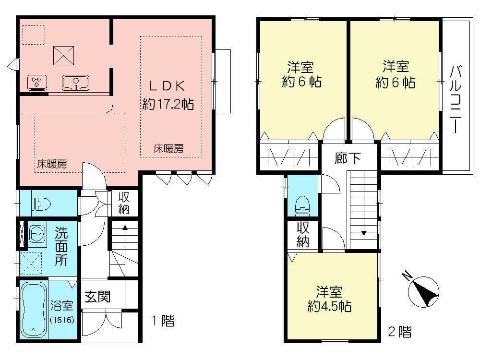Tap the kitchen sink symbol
(x=75, y=83)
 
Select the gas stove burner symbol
(x=36, y=83)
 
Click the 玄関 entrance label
(x=97, y=297)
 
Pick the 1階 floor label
(x=163, y=321)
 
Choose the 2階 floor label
(x=399, y=331)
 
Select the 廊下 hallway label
(x=348, y=158)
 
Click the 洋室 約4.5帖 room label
(x=329, y=299)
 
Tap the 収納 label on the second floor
(x=302, y=235)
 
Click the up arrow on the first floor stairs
(x=124, y=228)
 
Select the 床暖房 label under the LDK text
(x=168, y=149)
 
